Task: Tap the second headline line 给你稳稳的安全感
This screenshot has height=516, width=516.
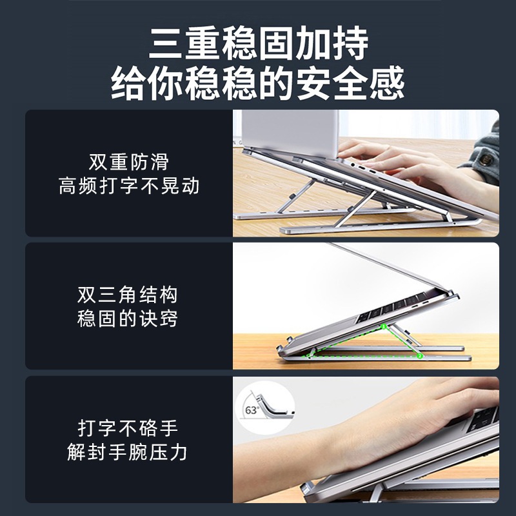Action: coord(258,83)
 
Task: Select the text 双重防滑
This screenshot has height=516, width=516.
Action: coord(128,161)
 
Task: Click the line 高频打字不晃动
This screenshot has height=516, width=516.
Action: coord(128,186)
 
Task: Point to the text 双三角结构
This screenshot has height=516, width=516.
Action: coord(128,295)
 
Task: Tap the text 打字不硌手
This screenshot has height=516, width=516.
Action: coord(128,428)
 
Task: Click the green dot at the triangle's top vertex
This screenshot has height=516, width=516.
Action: coord(382,327)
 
